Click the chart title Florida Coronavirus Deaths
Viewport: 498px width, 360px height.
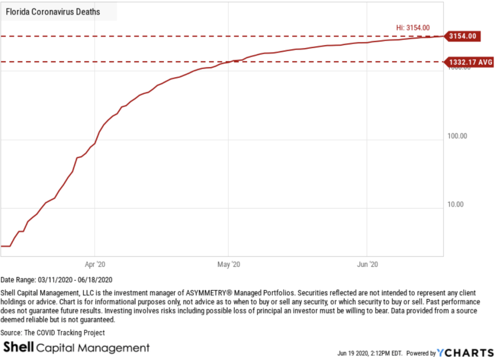click(53, 12)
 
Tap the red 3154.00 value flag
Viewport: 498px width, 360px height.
click(463, 36)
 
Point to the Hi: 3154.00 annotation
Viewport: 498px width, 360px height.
click(413, 28)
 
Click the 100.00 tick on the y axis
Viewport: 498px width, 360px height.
click(457, 136)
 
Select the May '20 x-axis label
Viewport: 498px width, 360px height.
click(228, 265)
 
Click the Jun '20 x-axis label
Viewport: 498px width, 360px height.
click(366, 265)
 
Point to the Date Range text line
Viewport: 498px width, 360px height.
click(56, 280)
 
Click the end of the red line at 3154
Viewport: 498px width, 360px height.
click(443, 36)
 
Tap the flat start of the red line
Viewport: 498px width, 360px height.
click(6, 246)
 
